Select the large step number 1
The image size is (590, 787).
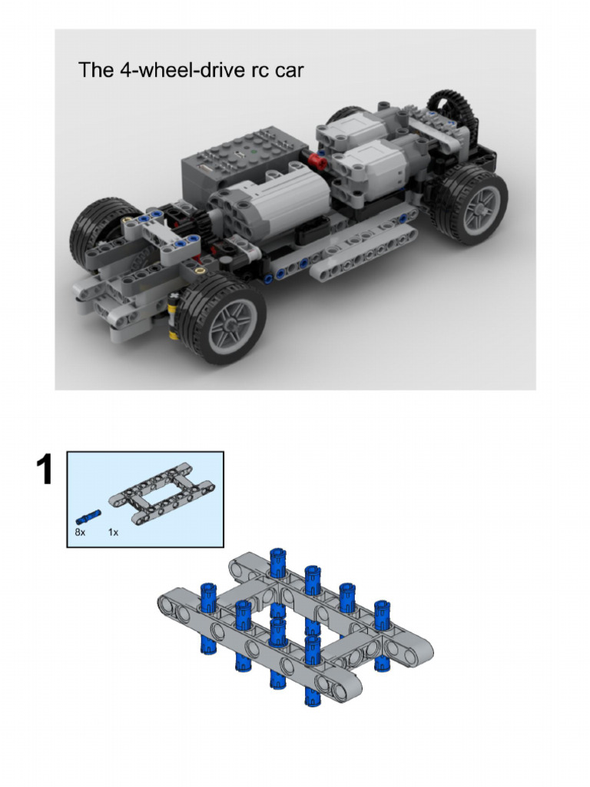(45, 470)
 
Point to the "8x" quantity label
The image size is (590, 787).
(80, 532)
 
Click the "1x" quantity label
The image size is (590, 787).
(114, 532)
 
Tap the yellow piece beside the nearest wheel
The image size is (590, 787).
(174, 315)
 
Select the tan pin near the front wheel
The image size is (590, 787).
(201, 271)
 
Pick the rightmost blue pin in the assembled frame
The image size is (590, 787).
(382, 615)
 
